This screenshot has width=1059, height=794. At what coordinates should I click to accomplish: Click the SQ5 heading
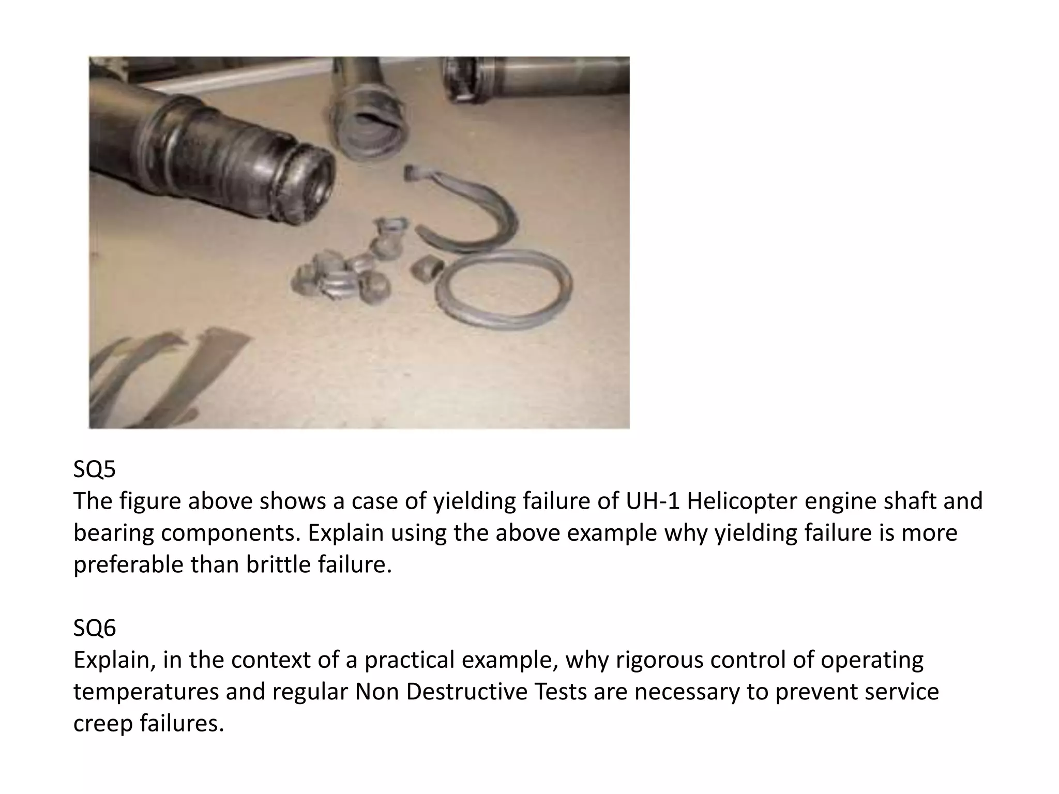tap(95, 469)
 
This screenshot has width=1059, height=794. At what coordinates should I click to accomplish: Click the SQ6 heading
tap(95, 628)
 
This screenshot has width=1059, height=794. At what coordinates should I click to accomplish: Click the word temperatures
tap(146, 692)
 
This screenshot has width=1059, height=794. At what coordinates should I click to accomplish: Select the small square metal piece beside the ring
tap(427, 267)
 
